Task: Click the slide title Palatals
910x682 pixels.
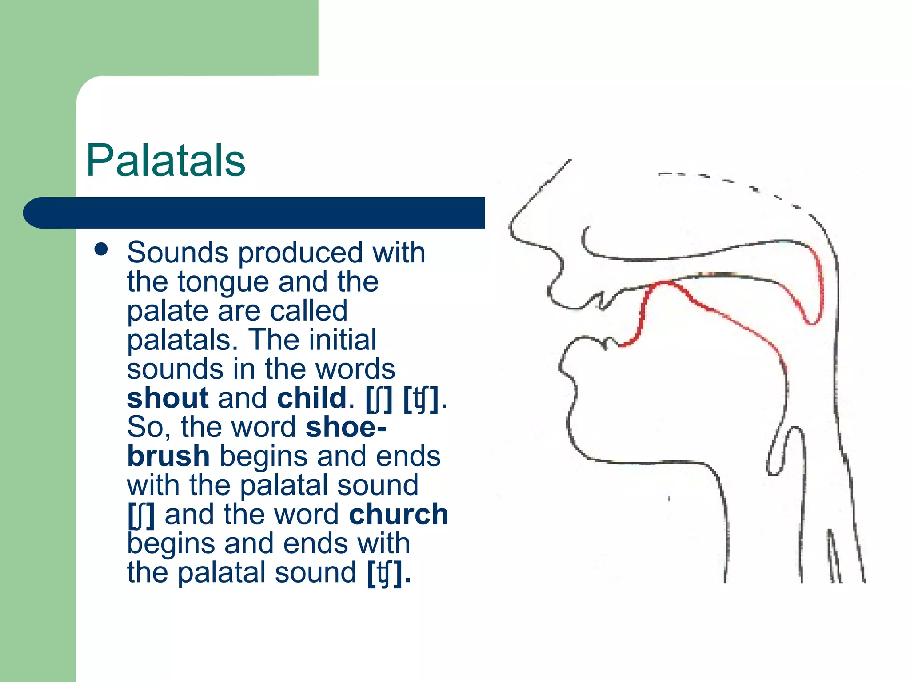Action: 165,161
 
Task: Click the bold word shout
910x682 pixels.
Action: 168,398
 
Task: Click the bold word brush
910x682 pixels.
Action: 168,456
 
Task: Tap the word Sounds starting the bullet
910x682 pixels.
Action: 178,253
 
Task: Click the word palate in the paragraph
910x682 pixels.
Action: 168,311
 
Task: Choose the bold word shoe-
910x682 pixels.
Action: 346,427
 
